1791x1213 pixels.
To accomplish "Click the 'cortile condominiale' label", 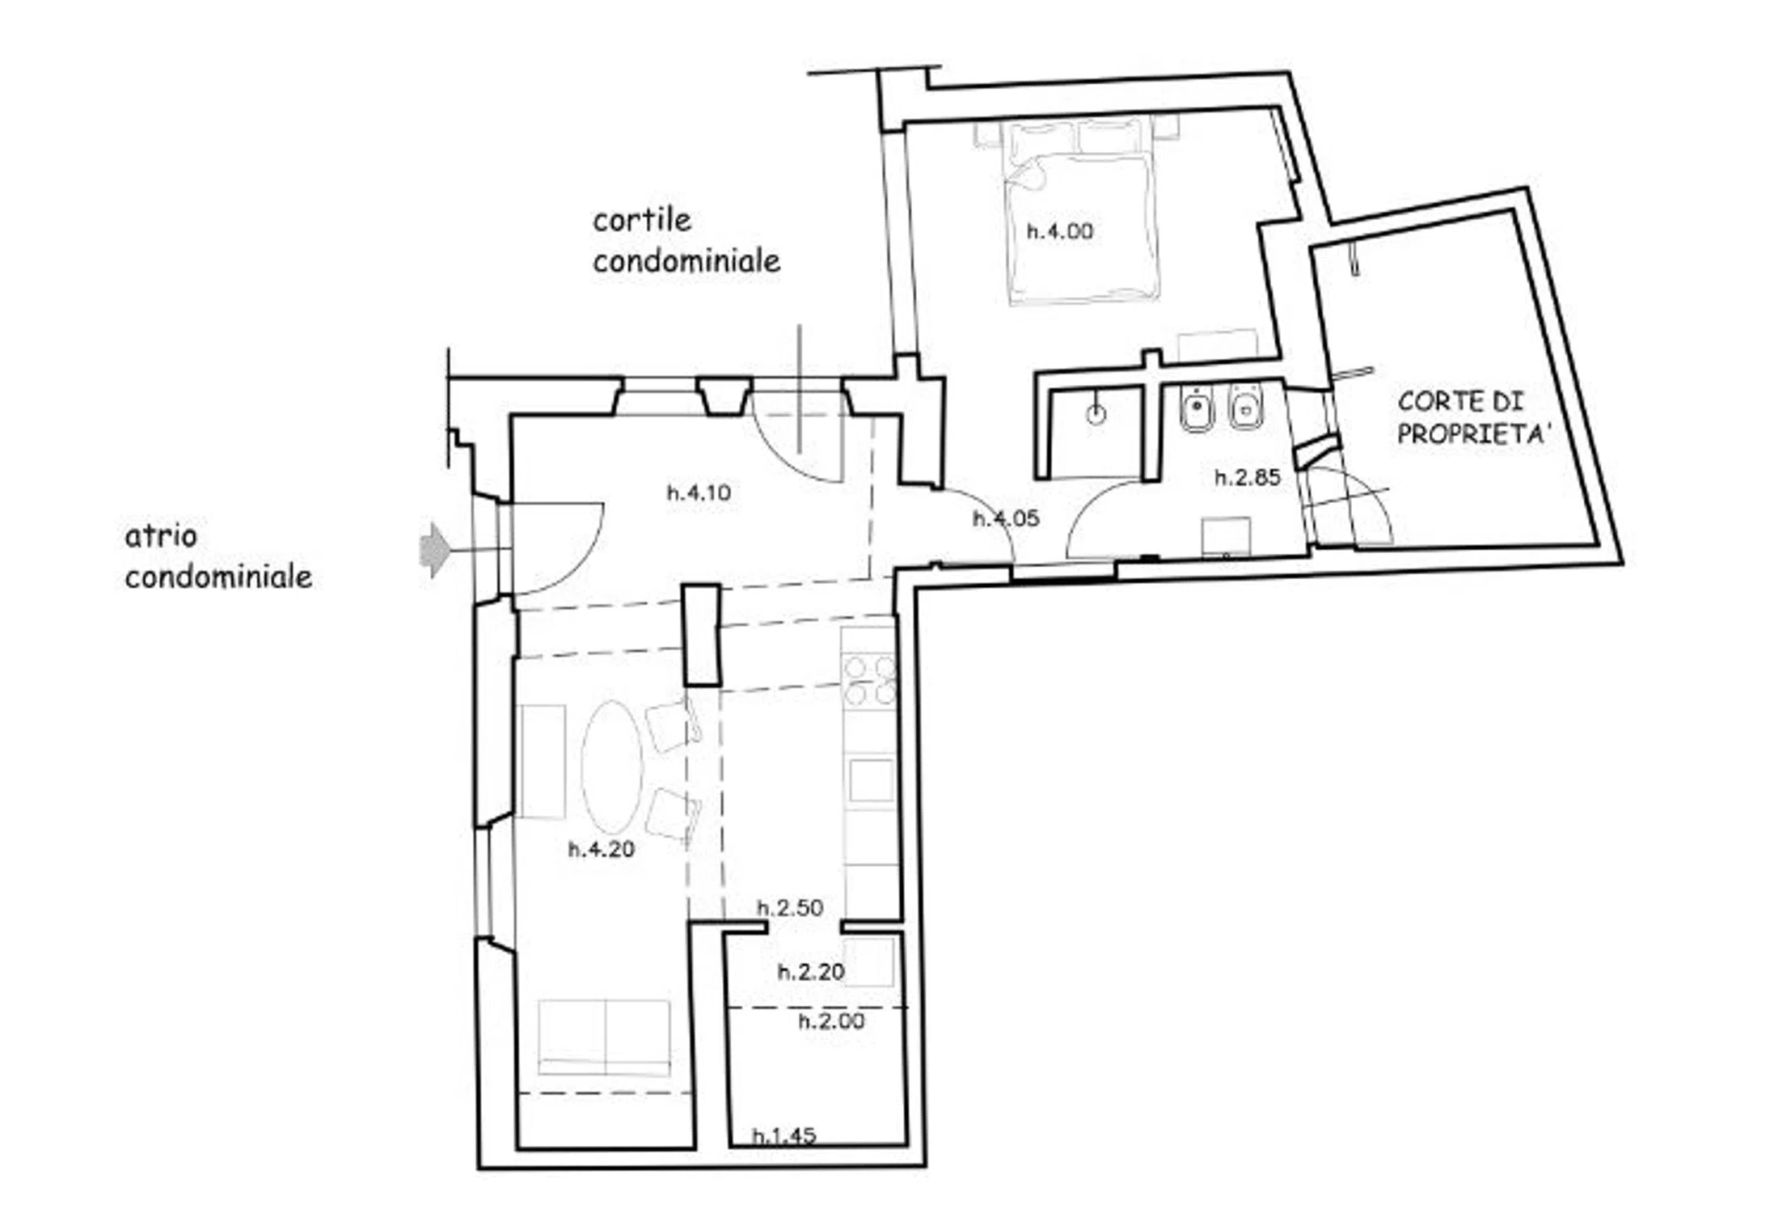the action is click(x=686, y=240).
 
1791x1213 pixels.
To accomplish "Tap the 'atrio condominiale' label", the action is click(x=218, y=557).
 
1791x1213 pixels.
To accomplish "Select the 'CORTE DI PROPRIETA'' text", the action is click(x=1474, y=417).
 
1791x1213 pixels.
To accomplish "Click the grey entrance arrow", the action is click(x=434, y=550).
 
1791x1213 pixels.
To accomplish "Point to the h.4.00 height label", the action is click(x=1059, y=231).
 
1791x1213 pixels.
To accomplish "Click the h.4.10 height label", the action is click(x=699, y=492).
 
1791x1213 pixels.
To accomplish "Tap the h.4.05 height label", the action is click(x=1006, y=518).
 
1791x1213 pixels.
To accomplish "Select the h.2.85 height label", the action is click(x=1248, y=477).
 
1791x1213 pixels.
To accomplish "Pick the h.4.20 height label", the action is click(x=601, y=849).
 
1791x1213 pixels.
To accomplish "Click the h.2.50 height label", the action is click(x=790, y=907).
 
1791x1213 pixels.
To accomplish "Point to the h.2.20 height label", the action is click(x=811, y=971).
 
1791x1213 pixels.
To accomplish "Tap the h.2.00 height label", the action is click(x=831, y=1021).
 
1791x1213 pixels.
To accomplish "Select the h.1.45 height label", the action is click(x=784, y=1136).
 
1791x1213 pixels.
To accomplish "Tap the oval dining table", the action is click(x=612, y=767).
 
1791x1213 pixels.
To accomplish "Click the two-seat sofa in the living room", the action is click(x=604, y=1038).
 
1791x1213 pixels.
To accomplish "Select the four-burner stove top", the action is click(x=869, y=681).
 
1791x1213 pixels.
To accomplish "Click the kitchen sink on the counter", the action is click(x=872, y=780).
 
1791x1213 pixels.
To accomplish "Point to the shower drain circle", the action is click(x=1096, y=415).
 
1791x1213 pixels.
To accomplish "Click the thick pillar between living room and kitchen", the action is click(x=702, y=636).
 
